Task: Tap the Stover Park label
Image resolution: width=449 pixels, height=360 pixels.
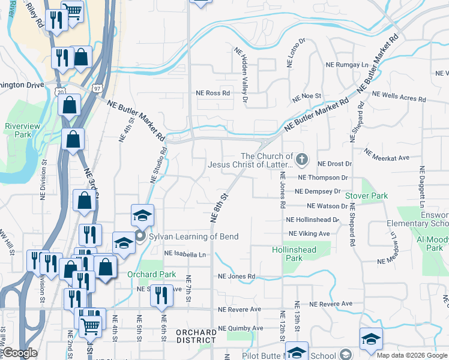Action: [x=366, y=196]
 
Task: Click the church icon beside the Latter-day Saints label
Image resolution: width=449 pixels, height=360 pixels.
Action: [x=302, y=160]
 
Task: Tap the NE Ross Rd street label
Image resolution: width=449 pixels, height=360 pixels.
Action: [x=213, y=94]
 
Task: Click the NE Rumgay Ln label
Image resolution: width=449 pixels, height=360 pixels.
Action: [x=346, y=65]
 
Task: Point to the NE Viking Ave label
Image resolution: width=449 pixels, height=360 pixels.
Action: [x=309, y=233]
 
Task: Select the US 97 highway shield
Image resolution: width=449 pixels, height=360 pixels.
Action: [x=97, y=88]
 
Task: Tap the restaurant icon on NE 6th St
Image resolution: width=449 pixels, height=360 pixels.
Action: [x=161, y=295]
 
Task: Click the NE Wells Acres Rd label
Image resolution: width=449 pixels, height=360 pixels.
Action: [x=399, y=95]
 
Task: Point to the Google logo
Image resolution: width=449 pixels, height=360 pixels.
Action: [x=20, y=353]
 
